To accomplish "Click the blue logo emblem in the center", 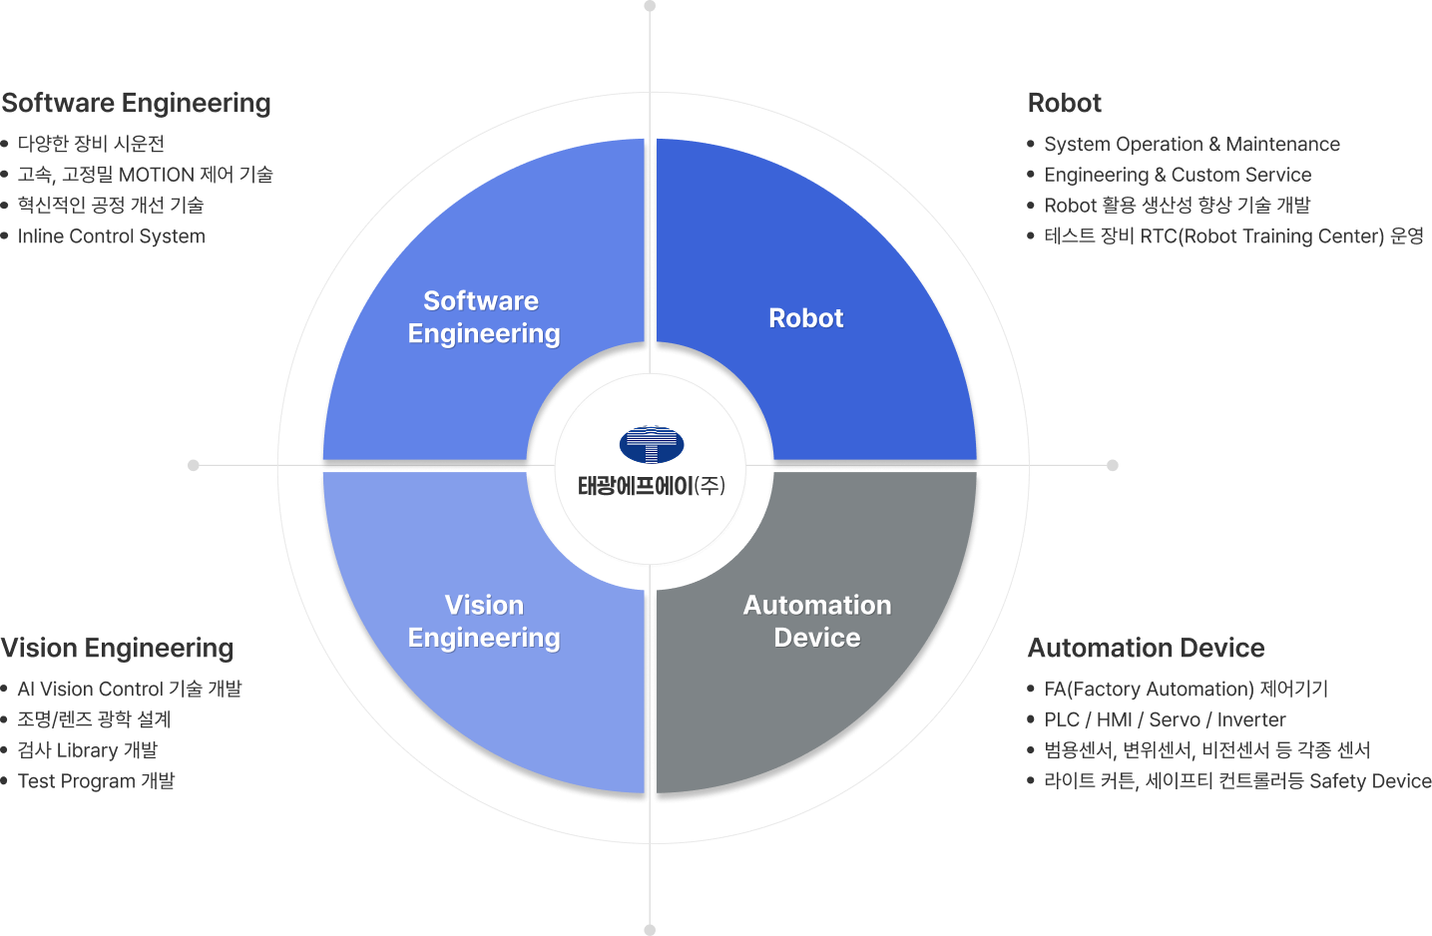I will tap(651, 444).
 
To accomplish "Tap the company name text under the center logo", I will tap(651, 486).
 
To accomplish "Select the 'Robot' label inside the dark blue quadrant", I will tap(805, 318).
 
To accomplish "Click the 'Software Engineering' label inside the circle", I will tap(484, 317).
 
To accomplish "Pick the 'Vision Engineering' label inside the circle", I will tap(484, 621).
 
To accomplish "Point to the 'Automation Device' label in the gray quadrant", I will tap(817, 621).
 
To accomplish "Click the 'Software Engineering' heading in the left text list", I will tap(137, 104).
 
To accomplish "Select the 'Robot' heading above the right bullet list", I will tap(1065, 104).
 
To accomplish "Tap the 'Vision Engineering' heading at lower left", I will tap(118, 649).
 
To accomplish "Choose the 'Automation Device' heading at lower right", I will tap(1147, 649).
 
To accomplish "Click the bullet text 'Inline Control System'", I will tap(112, 236).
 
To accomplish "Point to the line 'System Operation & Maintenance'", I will tap(1192, 145).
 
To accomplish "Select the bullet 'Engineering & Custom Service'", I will tap(1178, 176).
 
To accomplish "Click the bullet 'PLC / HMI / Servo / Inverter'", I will tap(1165, 719).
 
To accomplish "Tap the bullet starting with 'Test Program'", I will tap(96, 781).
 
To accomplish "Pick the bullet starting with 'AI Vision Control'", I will tap(130, 690).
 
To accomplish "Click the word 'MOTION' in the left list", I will tap(156, 176).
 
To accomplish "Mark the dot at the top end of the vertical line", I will tap(650, 6).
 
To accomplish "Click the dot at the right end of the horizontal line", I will tap(1113, 465).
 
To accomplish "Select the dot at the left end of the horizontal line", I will tap(194, 465).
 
